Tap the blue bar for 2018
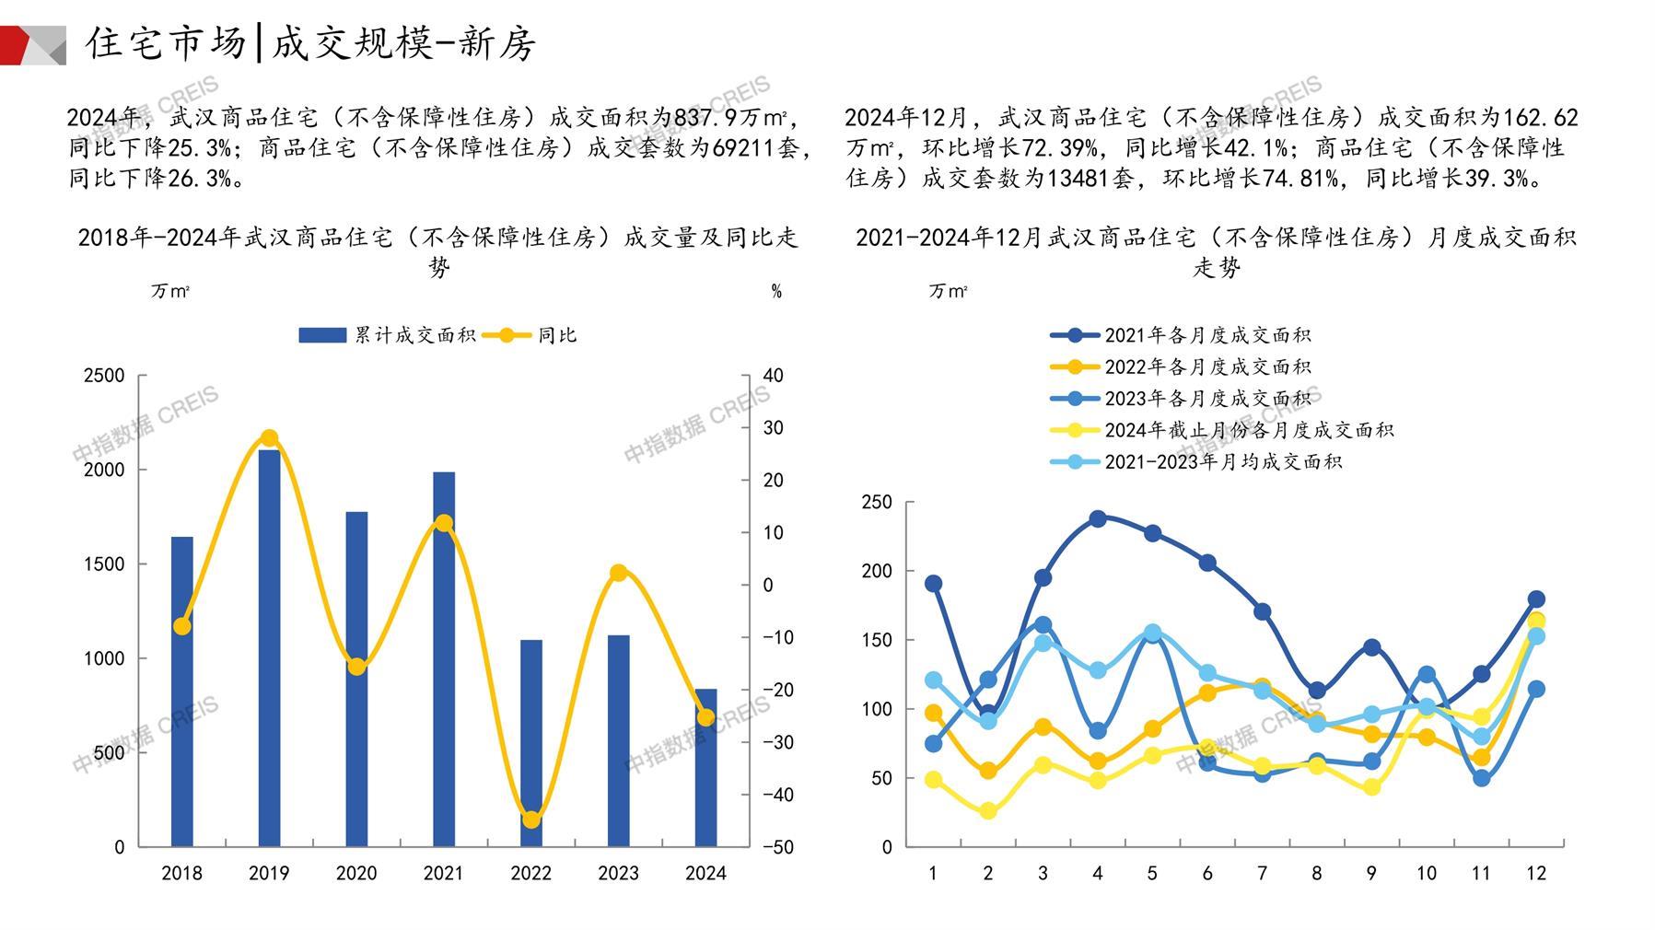pos(182,691)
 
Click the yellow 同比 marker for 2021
pos(444,523)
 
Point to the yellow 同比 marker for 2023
pos(619,573)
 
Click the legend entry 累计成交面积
pos(387,335)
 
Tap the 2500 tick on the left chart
pos(104,376)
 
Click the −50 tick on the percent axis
pos(778,847)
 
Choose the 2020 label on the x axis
pos(356,873)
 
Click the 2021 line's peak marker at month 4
pos(1098,519)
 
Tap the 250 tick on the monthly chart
pos(877,502)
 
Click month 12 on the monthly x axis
pos(1536,873)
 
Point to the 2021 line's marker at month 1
pos(933,584)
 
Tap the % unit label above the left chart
pos(776,291)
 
